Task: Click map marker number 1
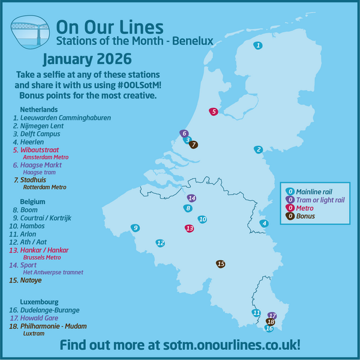pos(257,46)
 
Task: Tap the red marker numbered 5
pos(213,112)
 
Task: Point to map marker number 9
pos(136,228)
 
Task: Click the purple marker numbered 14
pos(191,198)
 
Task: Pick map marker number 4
pos(263,224)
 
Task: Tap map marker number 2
pos(259,149)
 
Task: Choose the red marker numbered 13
pos(190,229)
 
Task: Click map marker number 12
pos(160,243)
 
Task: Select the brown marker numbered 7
pos(193,145)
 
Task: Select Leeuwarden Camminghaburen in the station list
pos(66,118)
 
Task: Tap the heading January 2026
pos(87,61)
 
